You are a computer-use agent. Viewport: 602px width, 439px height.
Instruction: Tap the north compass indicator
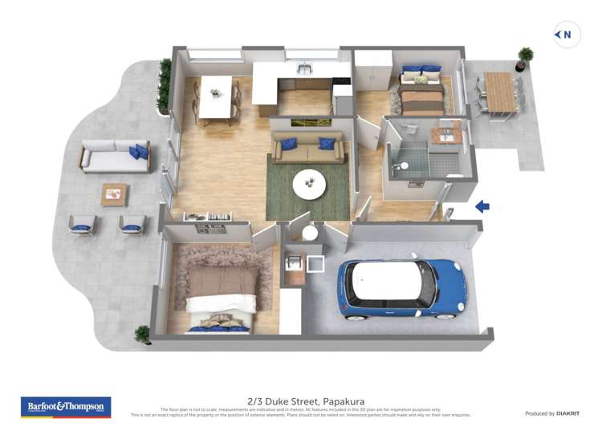coord(567,35)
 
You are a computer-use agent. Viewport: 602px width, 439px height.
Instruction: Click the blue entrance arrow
coord(482,207)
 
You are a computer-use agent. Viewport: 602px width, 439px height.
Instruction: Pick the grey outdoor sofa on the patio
coord(116,156)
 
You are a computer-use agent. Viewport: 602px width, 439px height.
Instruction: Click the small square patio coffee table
coord(114,193)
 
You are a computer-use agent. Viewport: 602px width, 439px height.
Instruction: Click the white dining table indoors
coord(214,96)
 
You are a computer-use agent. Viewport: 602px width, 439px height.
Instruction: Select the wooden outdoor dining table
coord(498,91)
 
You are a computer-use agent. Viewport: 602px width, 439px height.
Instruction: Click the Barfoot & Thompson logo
coord(66,407)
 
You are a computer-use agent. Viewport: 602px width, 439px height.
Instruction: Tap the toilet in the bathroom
coord(404,165)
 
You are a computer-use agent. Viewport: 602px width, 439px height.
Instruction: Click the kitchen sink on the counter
coord(304,71)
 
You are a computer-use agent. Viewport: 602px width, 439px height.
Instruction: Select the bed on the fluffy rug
coord(221,294)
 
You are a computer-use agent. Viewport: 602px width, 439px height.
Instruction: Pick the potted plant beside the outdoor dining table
coord(526,56)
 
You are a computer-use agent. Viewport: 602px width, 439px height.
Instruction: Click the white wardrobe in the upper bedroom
coord(372,75)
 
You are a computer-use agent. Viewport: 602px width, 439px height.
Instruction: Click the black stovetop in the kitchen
coord(342,81)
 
